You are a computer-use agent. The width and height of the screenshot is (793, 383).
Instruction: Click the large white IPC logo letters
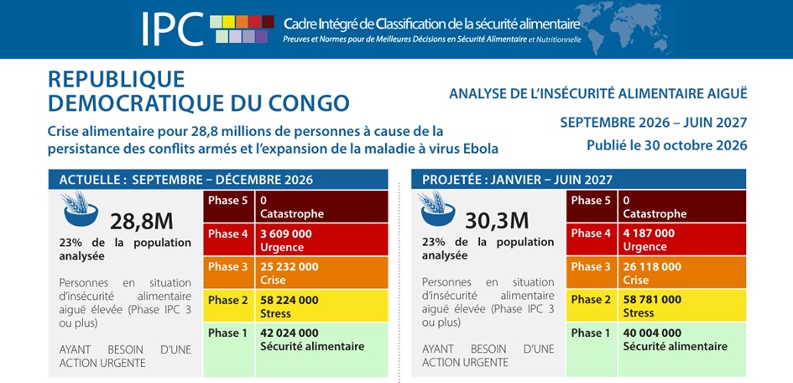[173, 29]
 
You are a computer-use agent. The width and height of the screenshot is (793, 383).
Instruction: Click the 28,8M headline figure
[142, 221]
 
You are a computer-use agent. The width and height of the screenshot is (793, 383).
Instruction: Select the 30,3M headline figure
[497, 221]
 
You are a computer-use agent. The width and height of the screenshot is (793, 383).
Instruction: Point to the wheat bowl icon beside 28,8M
[81, 208]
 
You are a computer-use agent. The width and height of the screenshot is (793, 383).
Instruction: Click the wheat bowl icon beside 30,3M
[437, 208]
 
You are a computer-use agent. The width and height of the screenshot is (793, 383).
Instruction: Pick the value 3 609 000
[286, 234]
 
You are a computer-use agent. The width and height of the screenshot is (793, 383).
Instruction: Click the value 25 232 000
[290, 267]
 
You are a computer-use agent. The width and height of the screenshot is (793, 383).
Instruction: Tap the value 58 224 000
[290, 300]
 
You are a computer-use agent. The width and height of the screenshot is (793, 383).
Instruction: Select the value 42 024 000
[290, 333]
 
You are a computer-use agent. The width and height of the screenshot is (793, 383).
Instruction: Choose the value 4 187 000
[649, 233]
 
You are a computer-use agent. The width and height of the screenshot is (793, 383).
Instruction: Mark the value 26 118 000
[652, 266]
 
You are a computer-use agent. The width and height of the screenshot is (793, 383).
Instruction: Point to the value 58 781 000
[652, 300]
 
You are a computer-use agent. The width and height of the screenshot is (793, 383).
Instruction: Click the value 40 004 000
[652, 333]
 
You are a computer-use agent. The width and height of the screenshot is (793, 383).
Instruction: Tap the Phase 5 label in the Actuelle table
[228, 201]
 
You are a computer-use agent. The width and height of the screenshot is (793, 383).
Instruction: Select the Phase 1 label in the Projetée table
[591, 333]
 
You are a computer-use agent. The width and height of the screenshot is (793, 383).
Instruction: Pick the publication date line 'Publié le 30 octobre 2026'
[666, 145]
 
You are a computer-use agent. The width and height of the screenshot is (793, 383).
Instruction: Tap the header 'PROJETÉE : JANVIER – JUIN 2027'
[518, 180]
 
